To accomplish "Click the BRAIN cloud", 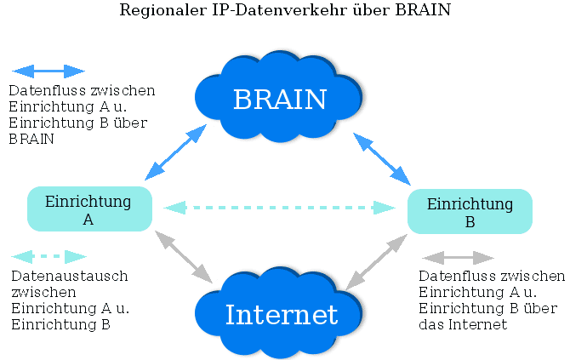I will pos(279,98).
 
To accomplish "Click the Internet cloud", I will pos(281,314).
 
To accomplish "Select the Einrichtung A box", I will pos(89,209).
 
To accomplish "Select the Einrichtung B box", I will pos(470,211).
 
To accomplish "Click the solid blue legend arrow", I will pos(49,71).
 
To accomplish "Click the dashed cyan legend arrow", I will pos(49,256).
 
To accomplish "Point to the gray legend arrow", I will pos(459,257).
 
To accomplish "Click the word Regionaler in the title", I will pos(157,11).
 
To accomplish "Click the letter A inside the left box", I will pos(88,219).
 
